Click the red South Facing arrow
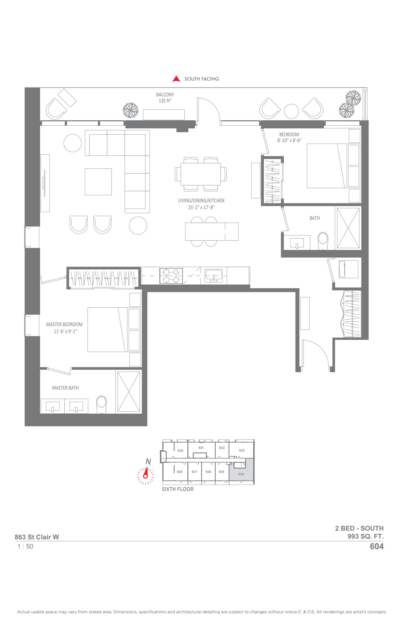pos(176,79)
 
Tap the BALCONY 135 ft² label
pos(165,98)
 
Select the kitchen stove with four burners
pos(171,276)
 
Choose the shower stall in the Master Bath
pos(129,391)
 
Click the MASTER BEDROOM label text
pos(64,324)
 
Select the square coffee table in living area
pos(98,182)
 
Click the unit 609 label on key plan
pos(180,451)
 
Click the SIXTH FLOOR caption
pos(178,489)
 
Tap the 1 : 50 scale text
pos(25,546)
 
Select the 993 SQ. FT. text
pos(366,536)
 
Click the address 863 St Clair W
pos(37,537)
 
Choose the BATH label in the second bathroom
pos(315,218)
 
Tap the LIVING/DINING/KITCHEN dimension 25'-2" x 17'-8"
pos(201,207)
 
